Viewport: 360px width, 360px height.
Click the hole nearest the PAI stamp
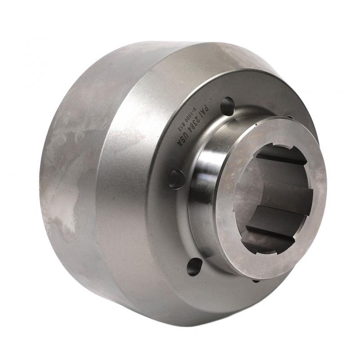[x=228, y=106]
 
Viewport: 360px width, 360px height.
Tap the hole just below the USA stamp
[x=176, y=179]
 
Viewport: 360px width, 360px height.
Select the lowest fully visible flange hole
[x=194, y=267]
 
